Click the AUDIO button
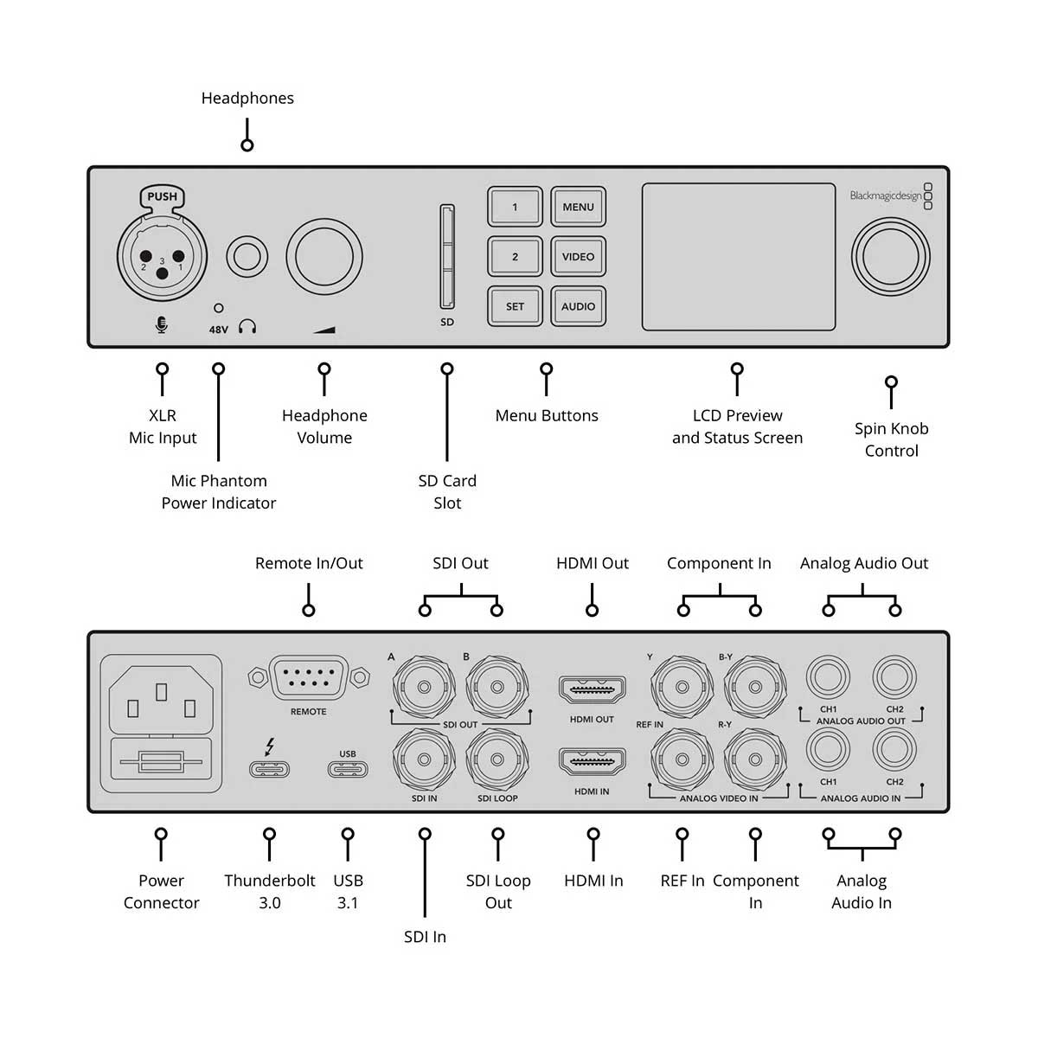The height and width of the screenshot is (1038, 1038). click(x=578, y=306)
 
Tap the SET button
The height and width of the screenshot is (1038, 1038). click(x=515, y=306)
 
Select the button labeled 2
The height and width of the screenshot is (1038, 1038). click(x=515, y=257)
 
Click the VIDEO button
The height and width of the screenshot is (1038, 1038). click(x=578, y=257)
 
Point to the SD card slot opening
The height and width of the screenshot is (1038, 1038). click(x=446, y=257)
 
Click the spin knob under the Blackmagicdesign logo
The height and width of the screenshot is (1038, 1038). click(x=890, y=258)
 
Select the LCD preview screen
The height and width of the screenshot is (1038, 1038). click(x=738, y=257)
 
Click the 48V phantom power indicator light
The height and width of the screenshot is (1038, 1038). click(x=219, y=308)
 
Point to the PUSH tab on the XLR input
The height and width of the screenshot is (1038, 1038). click(x=162, y=197)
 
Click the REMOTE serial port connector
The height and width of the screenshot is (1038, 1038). click(x=309, y=678)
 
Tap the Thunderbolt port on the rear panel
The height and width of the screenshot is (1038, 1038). click(x=269, y=769)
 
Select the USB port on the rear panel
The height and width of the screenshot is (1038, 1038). click(x=348, y=769)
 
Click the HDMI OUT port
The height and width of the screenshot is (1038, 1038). click(x=593, y=690)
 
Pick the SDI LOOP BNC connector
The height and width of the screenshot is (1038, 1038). click(x=497, y=760)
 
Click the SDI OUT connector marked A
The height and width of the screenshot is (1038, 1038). click(x=424, y=688)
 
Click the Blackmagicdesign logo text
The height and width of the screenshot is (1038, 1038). click(x=885, y=196)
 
